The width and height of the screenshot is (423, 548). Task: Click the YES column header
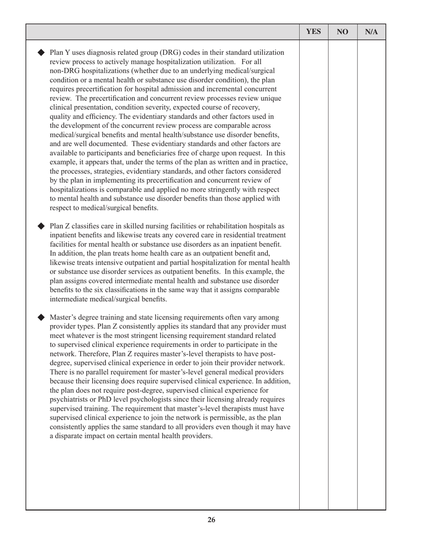(x=313, y=32)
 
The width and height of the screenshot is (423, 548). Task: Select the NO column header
(x=342, y=32)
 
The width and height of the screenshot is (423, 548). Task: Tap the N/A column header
(x=371, y=32)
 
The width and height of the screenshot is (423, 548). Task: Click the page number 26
(x=211, y=520)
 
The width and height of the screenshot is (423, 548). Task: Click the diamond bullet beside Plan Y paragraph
(x=41, y=53)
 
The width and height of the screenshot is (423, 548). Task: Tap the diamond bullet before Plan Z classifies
(x=41, y=226)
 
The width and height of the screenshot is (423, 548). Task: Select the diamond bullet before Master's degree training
(x=41, y=317)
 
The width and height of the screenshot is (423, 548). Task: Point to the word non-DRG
(x=65, y=71)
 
